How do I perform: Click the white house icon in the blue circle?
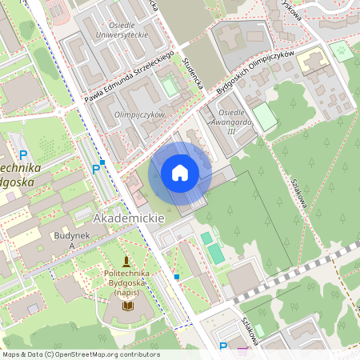pyautogui.click(x=180, y=173)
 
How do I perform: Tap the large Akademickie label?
pyautogui.click(x=129, y=218)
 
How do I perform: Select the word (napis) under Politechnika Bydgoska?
pyautogui.click(x=126, y=293)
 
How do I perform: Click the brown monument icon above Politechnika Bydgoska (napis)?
pyautogui.click(x=126, y=261)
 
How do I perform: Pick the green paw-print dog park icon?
pyautogui.click(x=342, y=50)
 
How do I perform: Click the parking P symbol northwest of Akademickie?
pyautogui.click(x=97, y=168)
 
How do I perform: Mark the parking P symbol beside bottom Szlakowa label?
pyautogui.click(x=223, y=346)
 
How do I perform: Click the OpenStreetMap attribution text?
pyautogui.click(x=80, y=354)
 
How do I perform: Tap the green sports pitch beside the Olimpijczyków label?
pyautogui.click(x=170, y=86)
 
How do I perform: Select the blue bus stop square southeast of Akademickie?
pyautogui.click(x=176, y=277)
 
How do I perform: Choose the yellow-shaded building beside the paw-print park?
pyautogui.click(x=314, y=61)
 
